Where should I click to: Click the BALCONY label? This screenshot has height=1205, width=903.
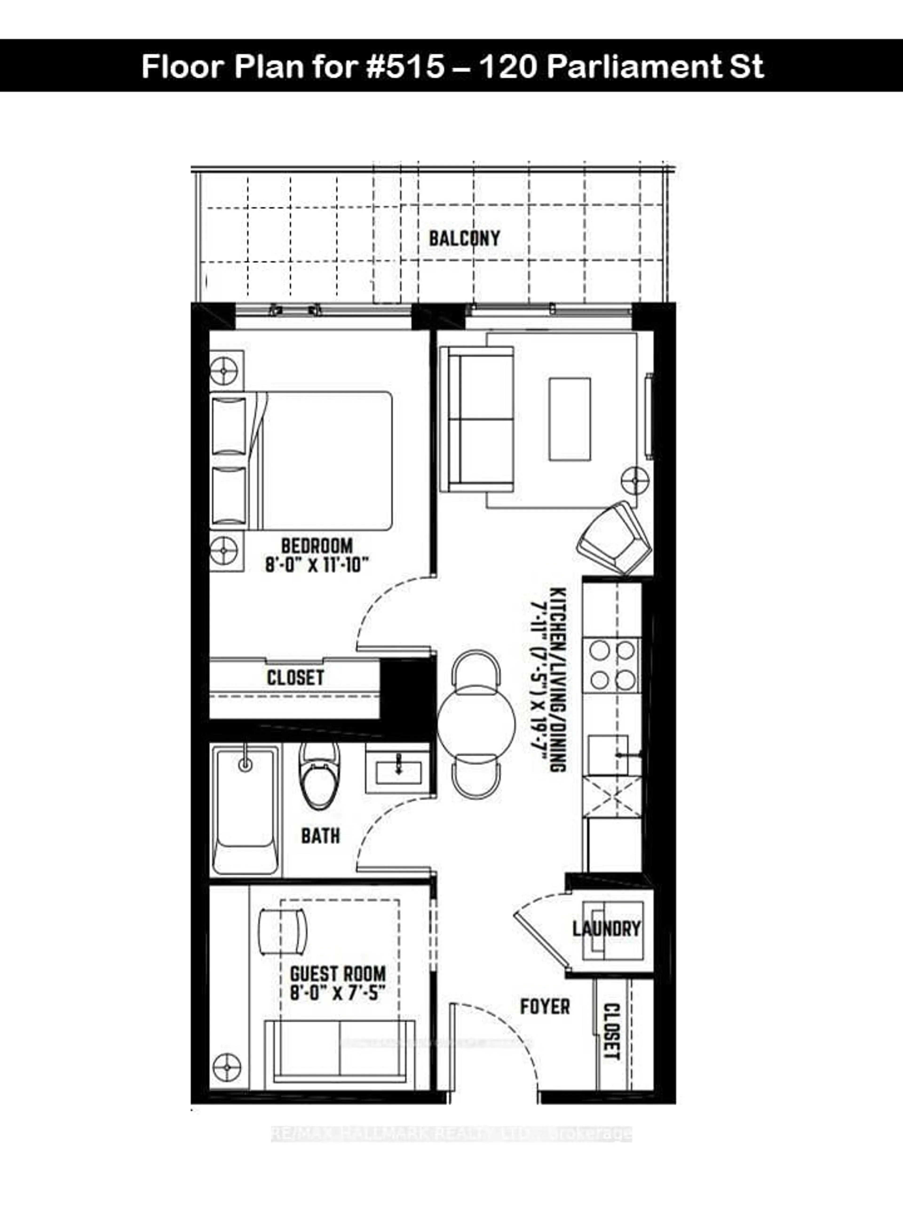tap(464, 239)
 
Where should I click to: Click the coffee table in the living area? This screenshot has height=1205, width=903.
tap(569, 419)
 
